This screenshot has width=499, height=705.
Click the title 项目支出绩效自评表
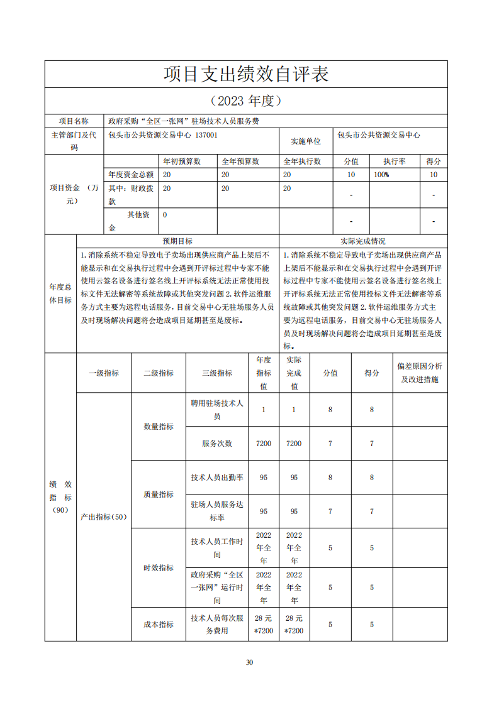pos(246,74)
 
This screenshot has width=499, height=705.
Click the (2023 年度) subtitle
pos(246,101)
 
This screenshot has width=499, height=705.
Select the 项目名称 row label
pos(74,121)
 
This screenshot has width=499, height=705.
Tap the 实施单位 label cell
pos(306,141)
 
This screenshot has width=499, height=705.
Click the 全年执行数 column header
pos(302,161)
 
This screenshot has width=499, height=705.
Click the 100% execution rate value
pos(381,175)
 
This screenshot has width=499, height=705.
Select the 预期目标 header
pos(177,241)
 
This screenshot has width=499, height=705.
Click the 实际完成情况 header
pos(363,241)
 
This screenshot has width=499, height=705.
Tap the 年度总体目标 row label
pos(60,293)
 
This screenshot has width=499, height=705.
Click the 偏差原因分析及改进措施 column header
pos(420,373)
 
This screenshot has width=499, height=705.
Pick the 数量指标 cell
pos(159,426)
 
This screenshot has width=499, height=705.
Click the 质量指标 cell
pos(159,495)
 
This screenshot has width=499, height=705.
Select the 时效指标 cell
pos(159,568)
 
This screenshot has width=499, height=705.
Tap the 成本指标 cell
pos(159,625)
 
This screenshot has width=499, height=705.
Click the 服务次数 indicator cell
pos(217,444)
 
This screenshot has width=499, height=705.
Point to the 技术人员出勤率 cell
pos(217,478)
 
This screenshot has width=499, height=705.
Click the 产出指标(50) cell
pos(104,517)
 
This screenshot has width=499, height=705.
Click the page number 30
pos(249,662)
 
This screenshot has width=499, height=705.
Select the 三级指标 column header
pos(217,373)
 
